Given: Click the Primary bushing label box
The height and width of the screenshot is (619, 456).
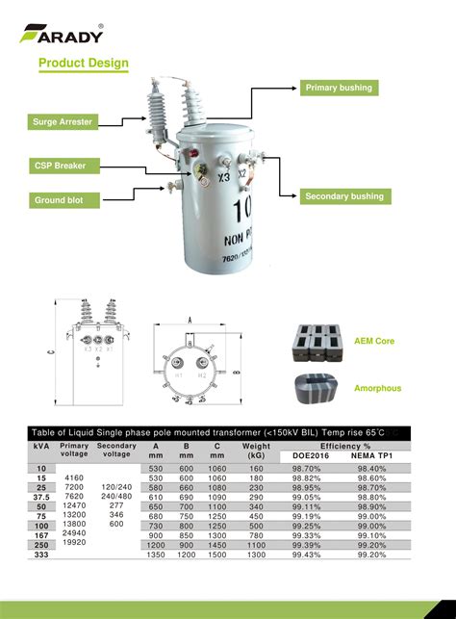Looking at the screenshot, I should (x=338, y=88).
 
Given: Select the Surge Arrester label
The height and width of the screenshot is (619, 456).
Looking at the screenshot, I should (x=63, y=122).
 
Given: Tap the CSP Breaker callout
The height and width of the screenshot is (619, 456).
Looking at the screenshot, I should (x=62, y=166).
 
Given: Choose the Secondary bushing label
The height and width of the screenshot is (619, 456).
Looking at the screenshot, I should (x=343, y=196).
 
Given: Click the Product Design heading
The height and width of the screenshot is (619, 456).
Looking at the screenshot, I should (x=84, y=64).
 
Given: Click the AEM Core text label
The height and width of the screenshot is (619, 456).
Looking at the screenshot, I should (x=373, y=342).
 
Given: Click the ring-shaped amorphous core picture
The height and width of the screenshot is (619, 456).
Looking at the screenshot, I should (x=316, y=385).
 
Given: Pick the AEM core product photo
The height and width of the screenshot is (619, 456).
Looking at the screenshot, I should (x=316, y=342).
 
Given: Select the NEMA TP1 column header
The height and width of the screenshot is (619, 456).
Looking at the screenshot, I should (x=369, y=455).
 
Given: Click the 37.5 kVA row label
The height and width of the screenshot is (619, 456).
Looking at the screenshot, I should (x=41, y=497).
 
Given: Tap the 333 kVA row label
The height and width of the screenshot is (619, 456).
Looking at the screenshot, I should (x=41, y=555).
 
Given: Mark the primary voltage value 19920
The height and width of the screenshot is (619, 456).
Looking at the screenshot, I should (x=74, y=542).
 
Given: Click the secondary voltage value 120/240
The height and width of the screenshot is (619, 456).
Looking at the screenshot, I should (x=116, y=488).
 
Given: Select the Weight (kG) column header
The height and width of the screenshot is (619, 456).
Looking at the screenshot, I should (x=256, y=451).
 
